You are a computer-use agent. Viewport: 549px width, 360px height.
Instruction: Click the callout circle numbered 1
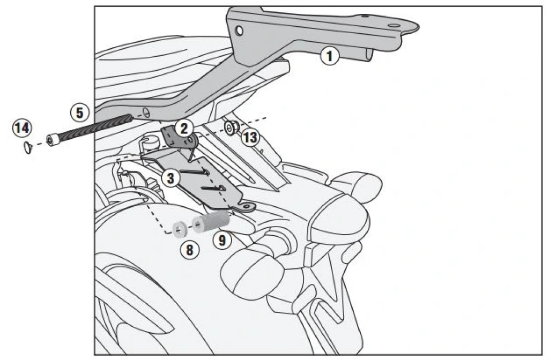330,56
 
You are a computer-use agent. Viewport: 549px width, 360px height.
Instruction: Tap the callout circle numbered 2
184,129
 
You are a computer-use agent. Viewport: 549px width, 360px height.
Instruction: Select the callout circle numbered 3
170,178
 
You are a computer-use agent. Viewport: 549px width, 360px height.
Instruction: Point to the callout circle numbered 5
80,112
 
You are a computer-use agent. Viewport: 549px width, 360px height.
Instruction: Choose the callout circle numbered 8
189,250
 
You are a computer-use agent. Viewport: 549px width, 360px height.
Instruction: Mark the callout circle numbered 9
222,241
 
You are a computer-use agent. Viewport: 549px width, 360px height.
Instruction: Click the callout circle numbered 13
250,138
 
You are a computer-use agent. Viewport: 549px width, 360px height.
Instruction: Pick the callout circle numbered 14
21,127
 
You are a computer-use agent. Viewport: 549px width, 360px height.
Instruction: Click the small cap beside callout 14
28,147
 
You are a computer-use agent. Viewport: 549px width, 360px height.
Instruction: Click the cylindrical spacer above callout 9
211,222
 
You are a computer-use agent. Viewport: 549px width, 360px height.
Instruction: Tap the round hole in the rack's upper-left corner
239,31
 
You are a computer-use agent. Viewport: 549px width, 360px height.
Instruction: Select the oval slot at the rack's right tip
394,26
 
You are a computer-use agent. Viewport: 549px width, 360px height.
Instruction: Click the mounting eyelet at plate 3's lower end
247,208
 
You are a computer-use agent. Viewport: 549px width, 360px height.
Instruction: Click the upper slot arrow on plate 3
195,171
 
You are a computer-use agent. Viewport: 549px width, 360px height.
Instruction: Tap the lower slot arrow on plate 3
213,189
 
